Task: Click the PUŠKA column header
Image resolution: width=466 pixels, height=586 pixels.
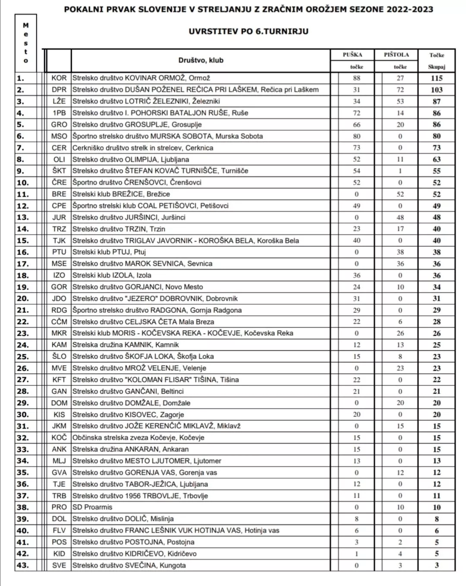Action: click(x=352, y=55)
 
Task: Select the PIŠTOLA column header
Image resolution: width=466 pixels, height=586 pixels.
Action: click(x=396, y=55)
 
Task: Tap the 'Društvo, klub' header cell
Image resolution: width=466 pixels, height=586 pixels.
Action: click(x=201, y=60)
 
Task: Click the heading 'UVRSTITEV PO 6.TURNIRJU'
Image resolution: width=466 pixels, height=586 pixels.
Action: click(x=248, y=32)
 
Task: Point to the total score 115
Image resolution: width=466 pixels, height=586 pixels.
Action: click(x=436, y=78)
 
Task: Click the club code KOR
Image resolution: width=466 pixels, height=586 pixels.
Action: click(x=59, y=78)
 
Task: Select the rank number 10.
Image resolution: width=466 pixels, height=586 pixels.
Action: click(x=22, y=183)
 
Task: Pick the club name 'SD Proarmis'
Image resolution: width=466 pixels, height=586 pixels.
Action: click(x=92, y=507)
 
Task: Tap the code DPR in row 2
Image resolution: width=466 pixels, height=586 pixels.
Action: click(x=59, y=90)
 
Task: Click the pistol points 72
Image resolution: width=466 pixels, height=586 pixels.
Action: click(x=400, y=90)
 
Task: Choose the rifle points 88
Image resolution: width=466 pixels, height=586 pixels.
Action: click(x=356, y=78)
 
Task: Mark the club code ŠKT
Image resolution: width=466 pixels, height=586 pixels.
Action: click(x=59, y=171)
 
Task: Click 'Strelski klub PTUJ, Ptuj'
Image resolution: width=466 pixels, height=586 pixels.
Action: click(x=109, y=252)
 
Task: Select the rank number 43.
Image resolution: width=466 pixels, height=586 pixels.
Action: click(x=22, y=565)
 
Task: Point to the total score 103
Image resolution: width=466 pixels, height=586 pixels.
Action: click(x=436, y=90)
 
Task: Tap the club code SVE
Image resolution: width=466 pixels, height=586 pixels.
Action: click(x=59, y=565)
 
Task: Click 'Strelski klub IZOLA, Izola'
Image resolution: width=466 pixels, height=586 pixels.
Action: click(x=112, y=275)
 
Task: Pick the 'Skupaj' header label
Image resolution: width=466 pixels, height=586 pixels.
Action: click(x=436, y=67)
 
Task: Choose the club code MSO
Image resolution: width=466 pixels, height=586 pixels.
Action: click(x=59, y=136)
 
